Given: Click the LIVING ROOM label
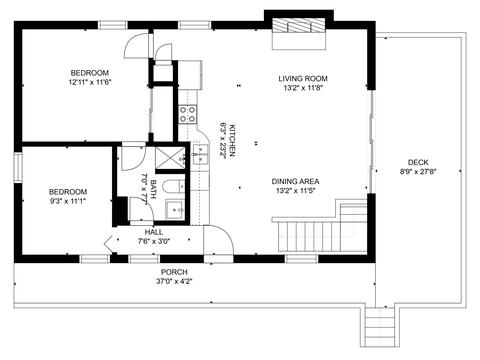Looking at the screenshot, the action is [303, 79].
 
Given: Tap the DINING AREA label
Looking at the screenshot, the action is [295, 181].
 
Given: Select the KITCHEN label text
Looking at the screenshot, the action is [232, 140].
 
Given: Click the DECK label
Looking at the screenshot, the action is [418, 162].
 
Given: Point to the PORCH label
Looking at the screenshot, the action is [174, 272].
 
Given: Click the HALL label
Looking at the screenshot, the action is [154, 232].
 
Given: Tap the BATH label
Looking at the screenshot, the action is [153, 189].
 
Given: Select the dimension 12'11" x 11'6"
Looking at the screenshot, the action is [90, 82].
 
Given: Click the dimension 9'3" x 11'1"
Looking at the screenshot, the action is [68, 201].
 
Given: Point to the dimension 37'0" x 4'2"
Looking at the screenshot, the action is [174, 281].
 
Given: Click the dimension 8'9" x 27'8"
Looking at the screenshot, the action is [418, 172].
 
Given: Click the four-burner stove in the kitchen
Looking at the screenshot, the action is [187, 114].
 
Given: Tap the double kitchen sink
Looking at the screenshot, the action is [200, 155].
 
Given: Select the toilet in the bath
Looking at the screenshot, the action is [174, 186].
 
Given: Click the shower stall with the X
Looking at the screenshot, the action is [170, 158].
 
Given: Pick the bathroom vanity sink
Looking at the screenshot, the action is [175, 210].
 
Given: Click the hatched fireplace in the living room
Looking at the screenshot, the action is [299, 26].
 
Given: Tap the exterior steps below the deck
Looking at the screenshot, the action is [379, 327].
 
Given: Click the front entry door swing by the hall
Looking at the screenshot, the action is [218, 240].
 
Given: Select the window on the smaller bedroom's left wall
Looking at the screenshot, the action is [18, 167].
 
